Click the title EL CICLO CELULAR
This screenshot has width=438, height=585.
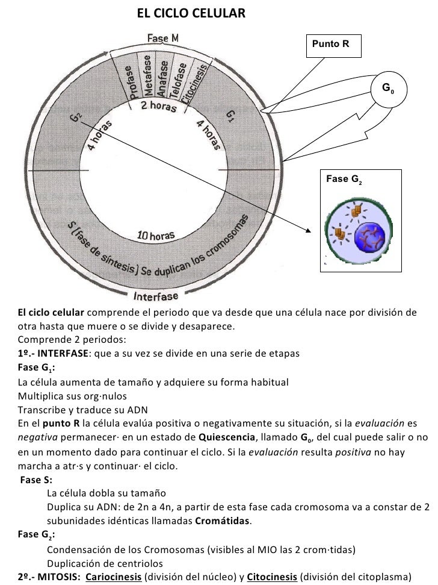191,11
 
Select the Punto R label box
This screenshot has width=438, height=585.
333,45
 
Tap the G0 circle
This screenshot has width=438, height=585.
388,90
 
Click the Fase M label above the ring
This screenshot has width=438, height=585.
162,38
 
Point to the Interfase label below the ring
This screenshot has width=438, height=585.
156,296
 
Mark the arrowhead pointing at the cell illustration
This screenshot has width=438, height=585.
309,230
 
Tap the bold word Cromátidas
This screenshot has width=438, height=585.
226,521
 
